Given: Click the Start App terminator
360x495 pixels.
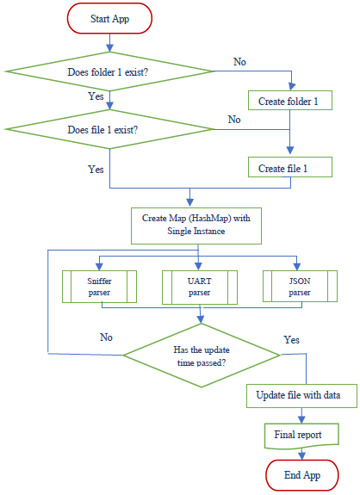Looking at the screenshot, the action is coord(109,19).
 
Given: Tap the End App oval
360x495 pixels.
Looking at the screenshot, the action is coord(302,475).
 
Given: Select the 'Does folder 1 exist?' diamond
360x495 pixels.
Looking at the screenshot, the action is coord(109,71).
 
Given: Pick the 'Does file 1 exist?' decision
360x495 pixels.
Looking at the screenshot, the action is coord(109,129).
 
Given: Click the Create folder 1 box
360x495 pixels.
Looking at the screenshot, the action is coord(290,101).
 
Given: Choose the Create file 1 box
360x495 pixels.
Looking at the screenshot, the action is coord(290,167).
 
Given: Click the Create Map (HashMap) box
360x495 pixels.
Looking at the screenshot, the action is coord(196,226).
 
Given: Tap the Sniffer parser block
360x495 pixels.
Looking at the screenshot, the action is coord(99,287).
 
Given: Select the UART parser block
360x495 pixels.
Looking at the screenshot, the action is coord(200,288).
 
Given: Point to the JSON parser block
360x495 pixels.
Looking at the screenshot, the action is coord(300,286).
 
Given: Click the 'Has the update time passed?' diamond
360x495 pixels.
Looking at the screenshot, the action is coord(202,356).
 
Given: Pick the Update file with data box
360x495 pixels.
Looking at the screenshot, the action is coord(301,396).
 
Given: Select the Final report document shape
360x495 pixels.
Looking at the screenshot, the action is coord(301,436).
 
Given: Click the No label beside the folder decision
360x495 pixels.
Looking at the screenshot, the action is coord(239,62).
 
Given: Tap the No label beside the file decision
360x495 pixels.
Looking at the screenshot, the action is coord(234,120).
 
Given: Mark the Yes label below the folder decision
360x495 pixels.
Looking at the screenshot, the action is coord(96,96).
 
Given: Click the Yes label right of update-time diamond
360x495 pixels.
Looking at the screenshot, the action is coord(291,340).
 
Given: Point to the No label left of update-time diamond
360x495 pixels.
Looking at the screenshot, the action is coord(106,337).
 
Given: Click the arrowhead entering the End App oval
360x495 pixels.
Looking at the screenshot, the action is coord(302,456).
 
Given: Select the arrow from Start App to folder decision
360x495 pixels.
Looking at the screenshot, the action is coord(109,43).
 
